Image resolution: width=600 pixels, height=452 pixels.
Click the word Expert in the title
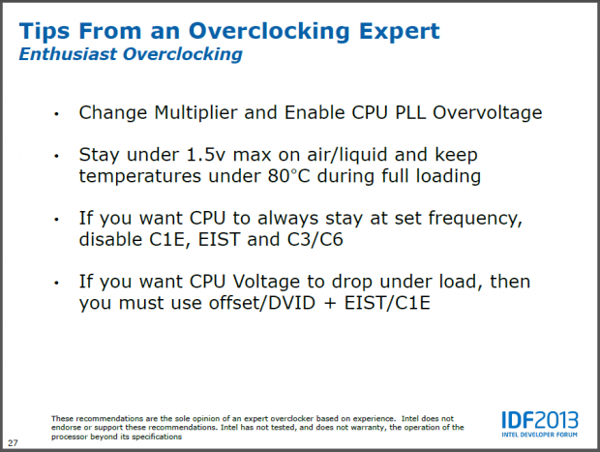(x=388, y=31)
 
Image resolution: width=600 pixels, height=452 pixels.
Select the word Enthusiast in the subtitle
(x=68, y=55)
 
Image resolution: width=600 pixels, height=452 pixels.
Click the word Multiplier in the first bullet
(x=184, y=112)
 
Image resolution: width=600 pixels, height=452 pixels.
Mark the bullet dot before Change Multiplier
(x=57, y=114)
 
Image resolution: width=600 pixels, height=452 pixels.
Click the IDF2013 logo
(x=539, y=422)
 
